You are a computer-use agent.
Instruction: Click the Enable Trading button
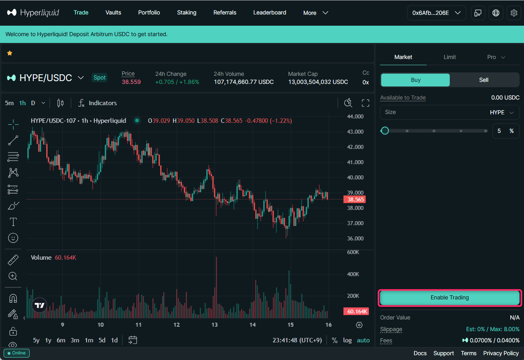449,298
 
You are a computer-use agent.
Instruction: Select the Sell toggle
483,80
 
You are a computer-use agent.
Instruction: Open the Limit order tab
449,57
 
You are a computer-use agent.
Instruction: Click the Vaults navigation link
113,12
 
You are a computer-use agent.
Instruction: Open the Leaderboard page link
270,12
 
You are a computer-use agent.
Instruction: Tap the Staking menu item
187,12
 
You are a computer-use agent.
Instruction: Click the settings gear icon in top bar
514,13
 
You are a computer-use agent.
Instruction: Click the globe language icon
496,13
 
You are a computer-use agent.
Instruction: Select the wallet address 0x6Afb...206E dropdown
436,13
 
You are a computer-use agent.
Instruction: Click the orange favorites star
10,53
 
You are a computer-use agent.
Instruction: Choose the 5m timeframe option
9,103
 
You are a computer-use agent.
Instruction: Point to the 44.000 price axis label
355,116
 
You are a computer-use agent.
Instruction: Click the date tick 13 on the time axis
215,325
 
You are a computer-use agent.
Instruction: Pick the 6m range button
61,340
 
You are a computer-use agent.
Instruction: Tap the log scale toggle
347,340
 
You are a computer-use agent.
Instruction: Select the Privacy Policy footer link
501,353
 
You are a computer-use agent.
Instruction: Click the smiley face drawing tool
13,238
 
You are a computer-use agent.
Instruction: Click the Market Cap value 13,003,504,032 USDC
318,82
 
